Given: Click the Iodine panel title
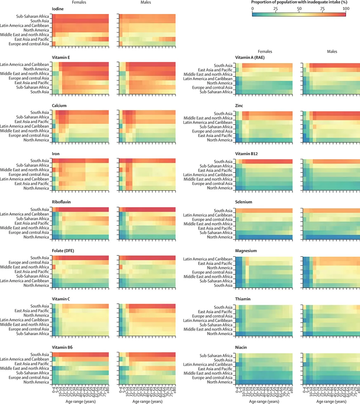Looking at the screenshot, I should [58, 9].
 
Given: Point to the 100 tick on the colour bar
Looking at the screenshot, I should [345, 9].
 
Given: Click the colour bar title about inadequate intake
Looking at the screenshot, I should [298, 2].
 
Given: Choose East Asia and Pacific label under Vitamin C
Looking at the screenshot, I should [31, 311].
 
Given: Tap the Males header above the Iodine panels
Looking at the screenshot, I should [146, 2].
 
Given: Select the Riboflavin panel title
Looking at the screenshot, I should [63, 202].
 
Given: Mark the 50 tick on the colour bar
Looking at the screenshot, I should [298, 9].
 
